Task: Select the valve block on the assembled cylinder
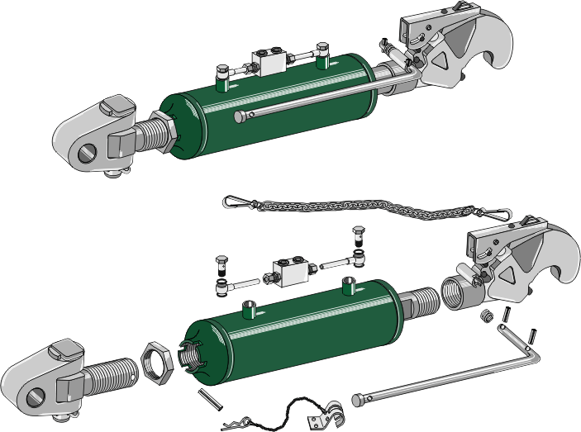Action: [269, 61]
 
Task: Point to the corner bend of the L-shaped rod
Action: [533, 355]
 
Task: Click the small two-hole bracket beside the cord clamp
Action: [313, 421]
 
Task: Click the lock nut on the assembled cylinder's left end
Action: [164, 135]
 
